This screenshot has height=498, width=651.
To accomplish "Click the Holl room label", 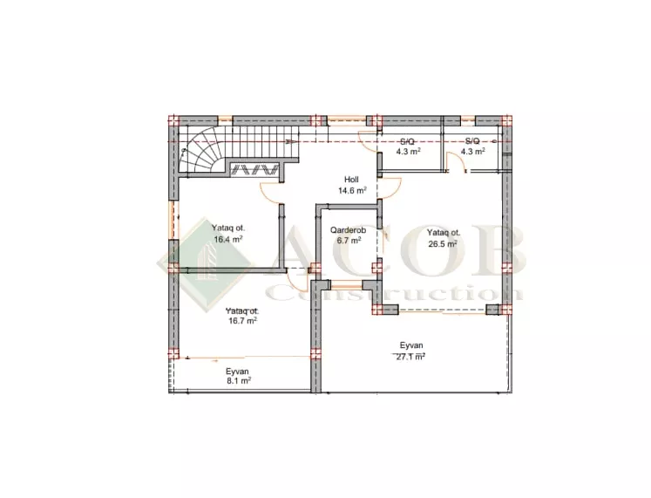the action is pos(351,180).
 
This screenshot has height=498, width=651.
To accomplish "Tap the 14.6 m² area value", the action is pos(352,191).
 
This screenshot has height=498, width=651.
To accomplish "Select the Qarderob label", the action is pos(348,229).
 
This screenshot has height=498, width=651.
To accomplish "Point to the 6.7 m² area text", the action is pos(349,240).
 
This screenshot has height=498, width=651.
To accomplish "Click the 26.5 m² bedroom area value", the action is pos(443,244).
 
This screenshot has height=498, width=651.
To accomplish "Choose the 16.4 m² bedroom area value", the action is pos(228,239).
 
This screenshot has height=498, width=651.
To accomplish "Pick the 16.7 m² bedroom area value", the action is pos(242,321).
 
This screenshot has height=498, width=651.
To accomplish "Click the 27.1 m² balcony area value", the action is pos(410,357).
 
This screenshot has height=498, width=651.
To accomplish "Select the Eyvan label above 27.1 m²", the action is pos(411,345).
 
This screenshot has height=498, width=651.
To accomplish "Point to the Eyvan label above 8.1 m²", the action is pos(238,372).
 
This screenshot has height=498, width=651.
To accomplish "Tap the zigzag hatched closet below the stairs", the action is pos(255,170).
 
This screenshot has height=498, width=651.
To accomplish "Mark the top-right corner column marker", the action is pos(506,120).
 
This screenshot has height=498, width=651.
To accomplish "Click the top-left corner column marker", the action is pos(173,120).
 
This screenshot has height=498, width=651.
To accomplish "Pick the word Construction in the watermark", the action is pos(395,293).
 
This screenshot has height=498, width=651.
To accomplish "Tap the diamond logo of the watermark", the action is pos(206,264).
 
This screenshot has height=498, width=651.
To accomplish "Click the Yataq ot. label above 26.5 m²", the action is pos(444,233).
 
